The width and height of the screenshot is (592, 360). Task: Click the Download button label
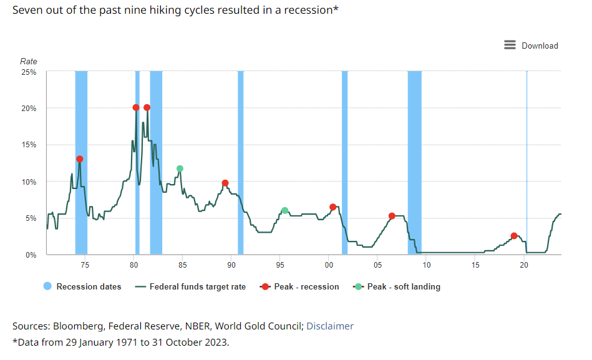tap(540, 46)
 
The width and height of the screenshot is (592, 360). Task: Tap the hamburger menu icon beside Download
tap(510, 45)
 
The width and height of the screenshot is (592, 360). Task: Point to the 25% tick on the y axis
tap(29, 72)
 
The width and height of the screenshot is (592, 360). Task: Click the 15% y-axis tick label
tap(29, 145)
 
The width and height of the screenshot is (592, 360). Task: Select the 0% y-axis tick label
tap(31, 255)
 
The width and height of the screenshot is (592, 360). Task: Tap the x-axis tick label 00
tap(329, 265)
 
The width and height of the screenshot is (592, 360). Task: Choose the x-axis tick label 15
tap(475, 265)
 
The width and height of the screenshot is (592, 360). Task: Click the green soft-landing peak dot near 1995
tap(284, 211)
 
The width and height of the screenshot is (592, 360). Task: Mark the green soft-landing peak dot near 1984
tap(180, 168)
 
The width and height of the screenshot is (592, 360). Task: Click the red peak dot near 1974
tap(79, 159)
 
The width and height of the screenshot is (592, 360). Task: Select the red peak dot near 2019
tap(514, 236)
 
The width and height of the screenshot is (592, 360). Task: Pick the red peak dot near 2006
tap(392, 216)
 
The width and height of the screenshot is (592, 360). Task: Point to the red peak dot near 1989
tap(225, 183)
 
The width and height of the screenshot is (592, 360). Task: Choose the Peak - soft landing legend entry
tap(403, 287)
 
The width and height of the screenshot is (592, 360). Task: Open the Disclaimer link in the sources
tap(330, 326)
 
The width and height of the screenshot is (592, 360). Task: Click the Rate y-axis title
tap(29, 61)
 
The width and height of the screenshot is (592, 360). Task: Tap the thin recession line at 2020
tap(526, 162)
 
